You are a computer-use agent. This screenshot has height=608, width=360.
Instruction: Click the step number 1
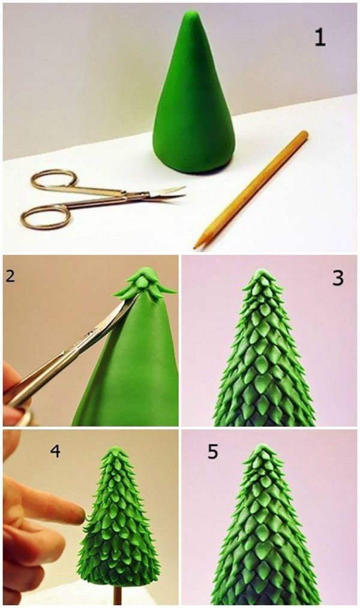click(x=320, y=38)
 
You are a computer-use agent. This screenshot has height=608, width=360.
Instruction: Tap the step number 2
click(x=10, y=275)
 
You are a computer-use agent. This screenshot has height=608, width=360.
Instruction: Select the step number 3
click(x=338, y=278)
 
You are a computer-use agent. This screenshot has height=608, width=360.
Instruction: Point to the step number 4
click(x=55, y=451)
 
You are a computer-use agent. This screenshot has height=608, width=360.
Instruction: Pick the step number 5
click(x=213, y=451)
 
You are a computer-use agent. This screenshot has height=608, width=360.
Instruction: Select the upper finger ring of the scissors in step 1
click(x=54, y=179)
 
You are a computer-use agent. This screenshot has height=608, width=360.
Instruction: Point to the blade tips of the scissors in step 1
click(x=182, y=192)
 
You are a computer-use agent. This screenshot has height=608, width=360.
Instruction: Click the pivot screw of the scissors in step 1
click(x=125, y=195)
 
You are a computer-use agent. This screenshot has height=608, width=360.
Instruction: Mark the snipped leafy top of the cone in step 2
click(x=145, y=284)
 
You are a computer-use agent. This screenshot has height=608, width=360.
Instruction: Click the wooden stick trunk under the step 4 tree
click(x=117, y=595)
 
